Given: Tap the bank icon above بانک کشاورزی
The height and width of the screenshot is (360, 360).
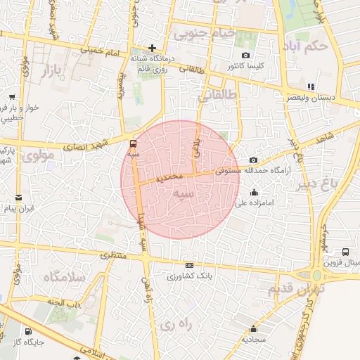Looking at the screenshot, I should [188, 265].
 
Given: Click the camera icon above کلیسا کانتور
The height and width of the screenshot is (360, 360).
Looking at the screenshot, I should [245, 55].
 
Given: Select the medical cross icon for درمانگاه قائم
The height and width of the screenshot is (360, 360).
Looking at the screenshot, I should [152, 49].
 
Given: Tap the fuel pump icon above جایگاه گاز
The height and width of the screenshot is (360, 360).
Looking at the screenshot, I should [27, 332].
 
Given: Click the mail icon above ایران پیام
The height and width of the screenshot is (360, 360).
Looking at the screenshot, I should [18, 198].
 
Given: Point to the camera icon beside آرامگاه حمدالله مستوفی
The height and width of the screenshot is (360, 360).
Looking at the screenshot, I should [253, 160].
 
